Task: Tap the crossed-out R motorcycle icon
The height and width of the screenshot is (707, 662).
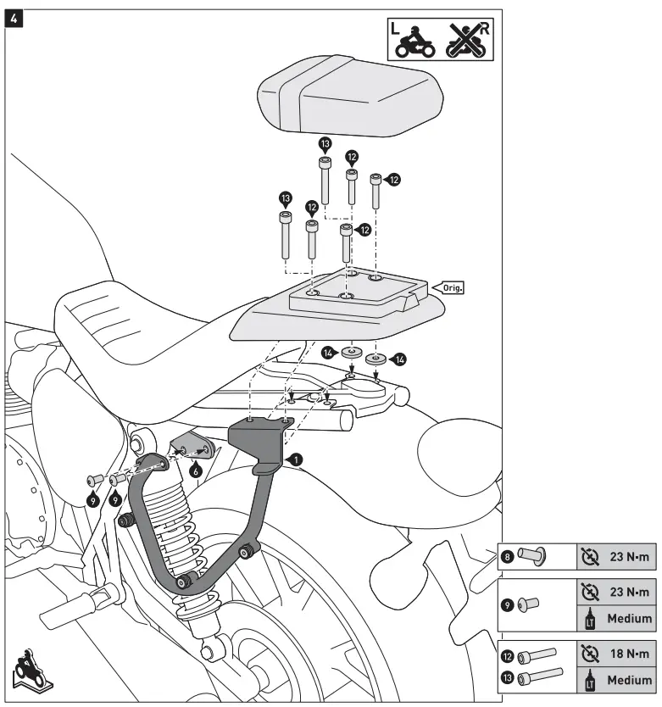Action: (x=467, y=39)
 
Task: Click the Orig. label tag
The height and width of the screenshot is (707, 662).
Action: (x=452, y=287)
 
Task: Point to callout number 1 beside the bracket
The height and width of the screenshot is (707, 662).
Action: (x=294, y=459)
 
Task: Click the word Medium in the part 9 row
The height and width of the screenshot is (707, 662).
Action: (x=629, y=618)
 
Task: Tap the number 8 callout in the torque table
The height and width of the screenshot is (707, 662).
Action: (x=508, y=557)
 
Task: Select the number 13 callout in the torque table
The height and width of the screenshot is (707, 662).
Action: (x=508, y=678)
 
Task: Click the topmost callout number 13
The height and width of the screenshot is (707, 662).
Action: (x=325, y=144)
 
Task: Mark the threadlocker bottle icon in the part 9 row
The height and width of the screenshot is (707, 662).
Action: (x=590, y=618)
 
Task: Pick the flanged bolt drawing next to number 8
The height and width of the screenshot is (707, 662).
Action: (x=531, y=557)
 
